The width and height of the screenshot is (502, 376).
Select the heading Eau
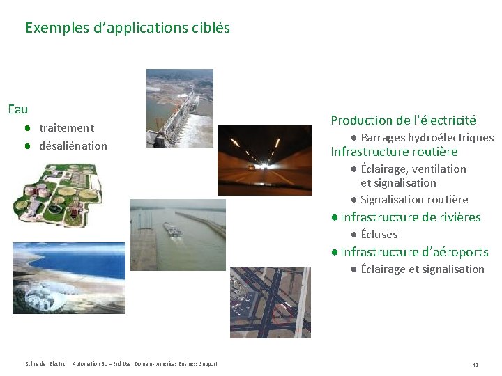coord(17,109)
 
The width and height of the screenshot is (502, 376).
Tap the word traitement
coord(66,128)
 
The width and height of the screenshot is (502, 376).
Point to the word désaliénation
coord(73,146)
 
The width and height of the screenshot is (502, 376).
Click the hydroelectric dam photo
coord(179,108)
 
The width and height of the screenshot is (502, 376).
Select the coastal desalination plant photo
coord(68,278)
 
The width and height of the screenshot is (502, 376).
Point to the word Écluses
coord(379,235)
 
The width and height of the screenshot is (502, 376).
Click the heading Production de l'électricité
coord(403,120)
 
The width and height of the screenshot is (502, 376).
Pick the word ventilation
coord(439,169)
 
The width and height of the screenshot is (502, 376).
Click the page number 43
coord(475,364)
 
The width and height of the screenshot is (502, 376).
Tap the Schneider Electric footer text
coord(45,364)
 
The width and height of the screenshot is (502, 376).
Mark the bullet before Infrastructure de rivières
coord(335,217)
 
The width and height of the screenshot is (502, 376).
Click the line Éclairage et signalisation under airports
coord(423,269)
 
